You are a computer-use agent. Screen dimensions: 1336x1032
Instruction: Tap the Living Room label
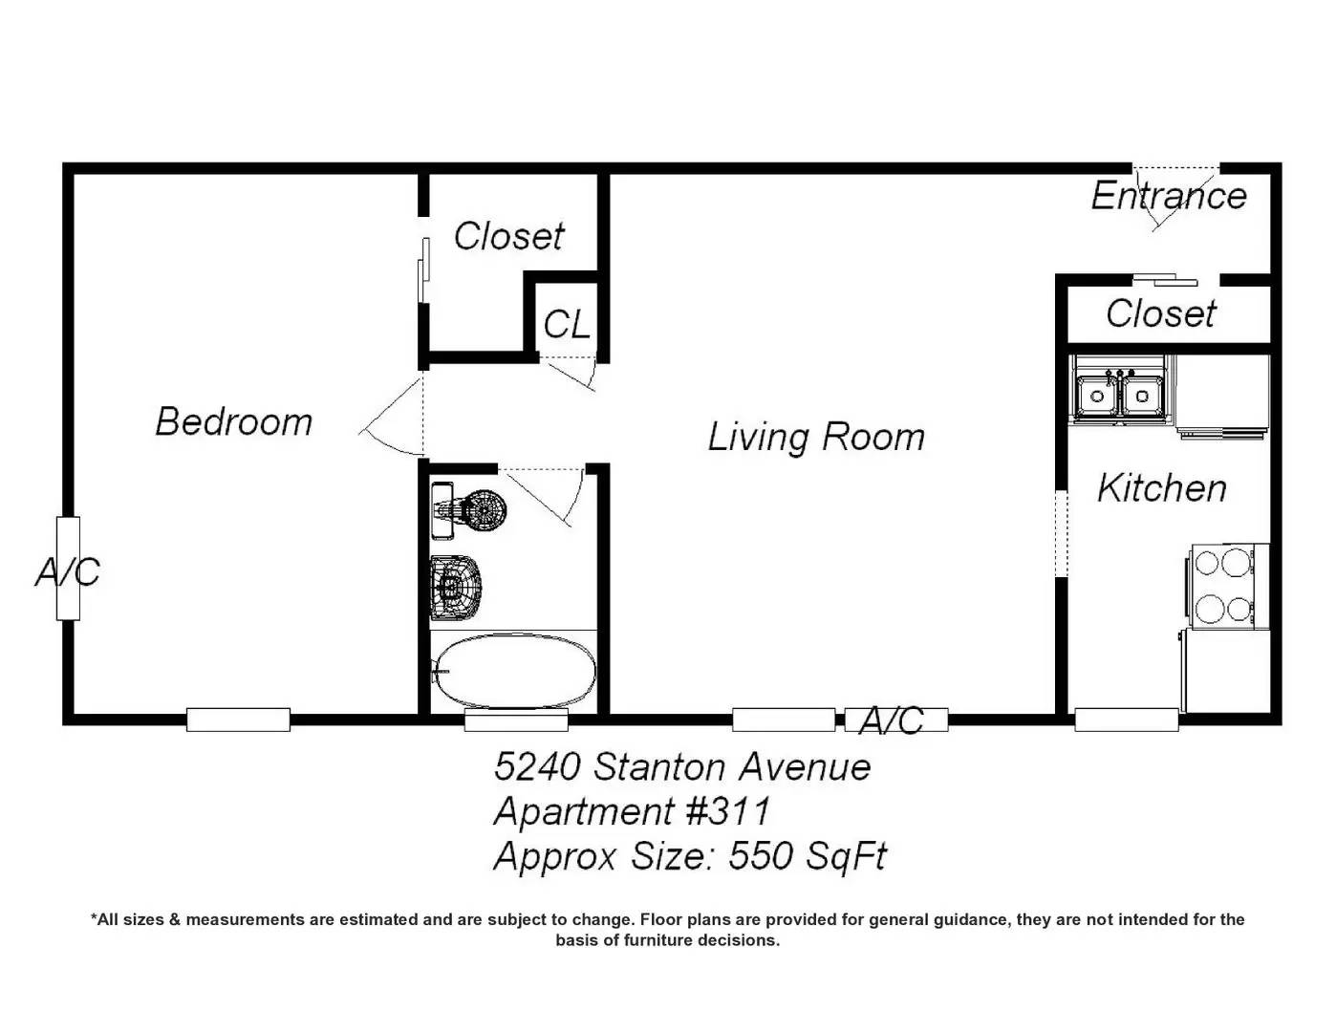[816, 437]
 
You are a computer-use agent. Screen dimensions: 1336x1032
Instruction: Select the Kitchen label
[1162, 488]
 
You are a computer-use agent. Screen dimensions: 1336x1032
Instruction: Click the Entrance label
[1169, 196]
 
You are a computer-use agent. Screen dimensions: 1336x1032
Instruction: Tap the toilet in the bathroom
[456, 587]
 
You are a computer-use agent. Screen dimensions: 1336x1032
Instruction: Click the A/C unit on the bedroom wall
[68, 568]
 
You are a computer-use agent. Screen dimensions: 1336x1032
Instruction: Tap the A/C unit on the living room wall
[895, 720]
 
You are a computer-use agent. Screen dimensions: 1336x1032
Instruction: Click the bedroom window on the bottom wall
[238, 720]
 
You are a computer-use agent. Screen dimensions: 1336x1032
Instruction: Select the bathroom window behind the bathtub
[516, 720]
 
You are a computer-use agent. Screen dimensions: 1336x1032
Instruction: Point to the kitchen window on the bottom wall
[1127, 720]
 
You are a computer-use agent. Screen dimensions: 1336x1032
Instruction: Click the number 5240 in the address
[537, 767]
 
